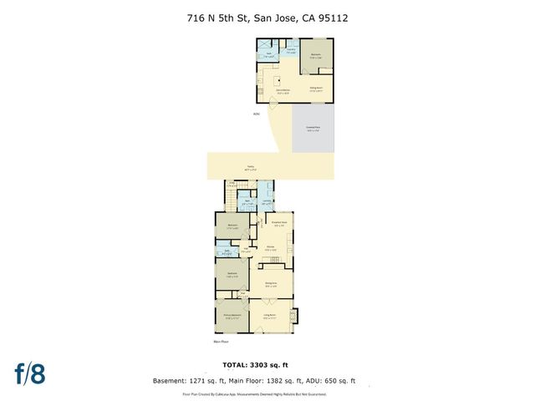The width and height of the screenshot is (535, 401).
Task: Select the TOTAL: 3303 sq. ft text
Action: point(267,366)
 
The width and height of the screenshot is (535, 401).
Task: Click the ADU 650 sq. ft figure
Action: point(334,381)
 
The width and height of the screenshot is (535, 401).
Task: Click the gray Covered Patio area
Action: point(313,129)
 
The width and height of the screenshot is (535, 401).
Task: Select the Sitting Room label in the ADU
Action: point(317,89)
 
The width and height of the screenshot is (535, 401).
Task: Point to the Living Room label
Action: point(270,316)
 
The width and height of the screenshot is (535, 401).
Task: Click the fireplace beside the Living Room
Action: point(293,317)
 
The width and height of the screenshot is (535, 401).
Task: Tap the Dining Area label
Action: point(271,284)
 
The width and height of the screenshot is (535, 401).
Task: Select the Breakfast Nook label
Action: point(279,223)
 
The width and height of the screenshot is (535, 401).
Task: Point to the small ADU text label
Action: point(256,114)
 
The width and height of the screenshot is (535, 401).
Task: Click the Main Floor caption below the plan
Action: point(222,342)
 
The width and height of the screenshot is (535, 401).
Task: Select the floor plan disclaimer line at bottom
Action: point(267,393)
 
